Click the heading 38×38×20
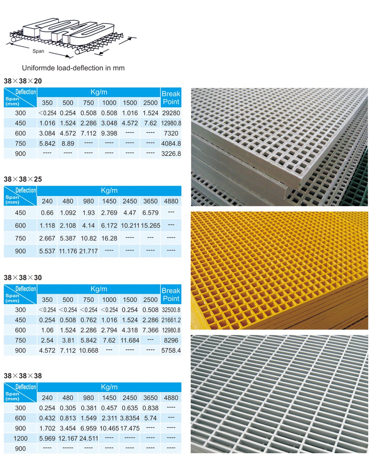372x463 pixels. [23, 81]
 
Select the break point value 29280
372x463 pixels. [171, 113]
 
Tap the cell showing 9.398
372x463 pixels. [109, 133]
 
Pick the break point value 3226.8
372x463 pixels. [171, 154]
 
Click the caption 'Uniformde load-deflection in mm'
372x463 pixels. [73, 68]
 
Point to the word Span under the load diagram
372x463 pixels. [38, 51]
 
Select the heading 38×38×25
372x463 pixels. [23, 179]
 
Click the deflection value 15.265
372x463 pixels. [150, 226]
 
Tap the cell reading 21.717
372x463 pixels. [89, 251]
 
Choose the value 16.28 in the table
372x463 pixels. [109, 238]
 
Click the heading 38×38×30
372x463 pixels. [23, 278]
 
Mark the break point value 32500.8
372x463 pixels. [171, 310]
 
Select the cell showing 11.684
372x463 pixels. [130, 340]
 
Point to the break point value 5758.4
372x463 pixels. [171, 350]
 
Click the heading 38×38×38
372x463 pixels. [23, 376]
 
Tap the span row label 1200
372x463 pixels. [20, 438]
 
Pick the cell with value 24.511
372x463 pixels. [89, 438]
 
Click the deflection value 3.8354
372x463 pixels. [130, 418]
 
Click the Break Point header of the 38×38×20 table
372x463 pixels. [171, 98]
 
